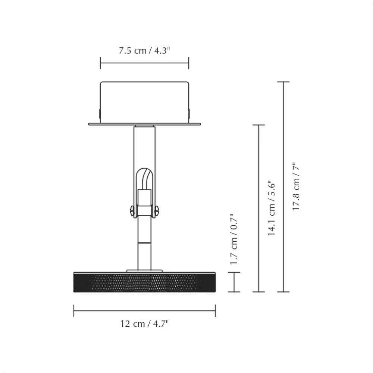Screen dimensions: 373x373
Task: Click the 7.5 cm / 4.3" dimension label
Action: (x=144, y=51)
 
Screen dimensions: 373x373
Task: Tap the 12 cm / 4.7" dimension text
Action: (x=144, y=324)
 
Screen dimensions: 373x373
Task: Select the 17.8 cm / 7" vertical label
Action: (x=296, y=186)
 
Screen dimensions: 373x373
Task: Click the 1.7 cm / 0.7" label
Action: (x=234, y=239)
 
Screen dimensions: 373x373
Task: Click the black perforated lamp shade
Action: (x=144, y=282)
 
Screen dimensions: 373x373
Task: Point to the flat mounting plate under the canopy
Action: (x=144, y=124)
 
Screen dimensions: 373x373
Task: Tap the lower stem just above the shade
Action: (x=144, y=256)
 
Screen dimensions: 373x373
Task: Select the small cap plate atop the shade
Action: (x=144, y=270)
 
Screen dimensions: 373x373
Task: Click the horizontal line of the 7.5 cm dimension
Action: (x=144, y=63)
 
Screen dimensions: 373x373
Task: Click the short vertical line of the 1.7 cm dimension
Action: (x=234, y=282)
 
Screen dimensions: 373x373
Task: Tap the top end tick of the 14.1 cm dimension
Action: (x=258, y=125)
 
